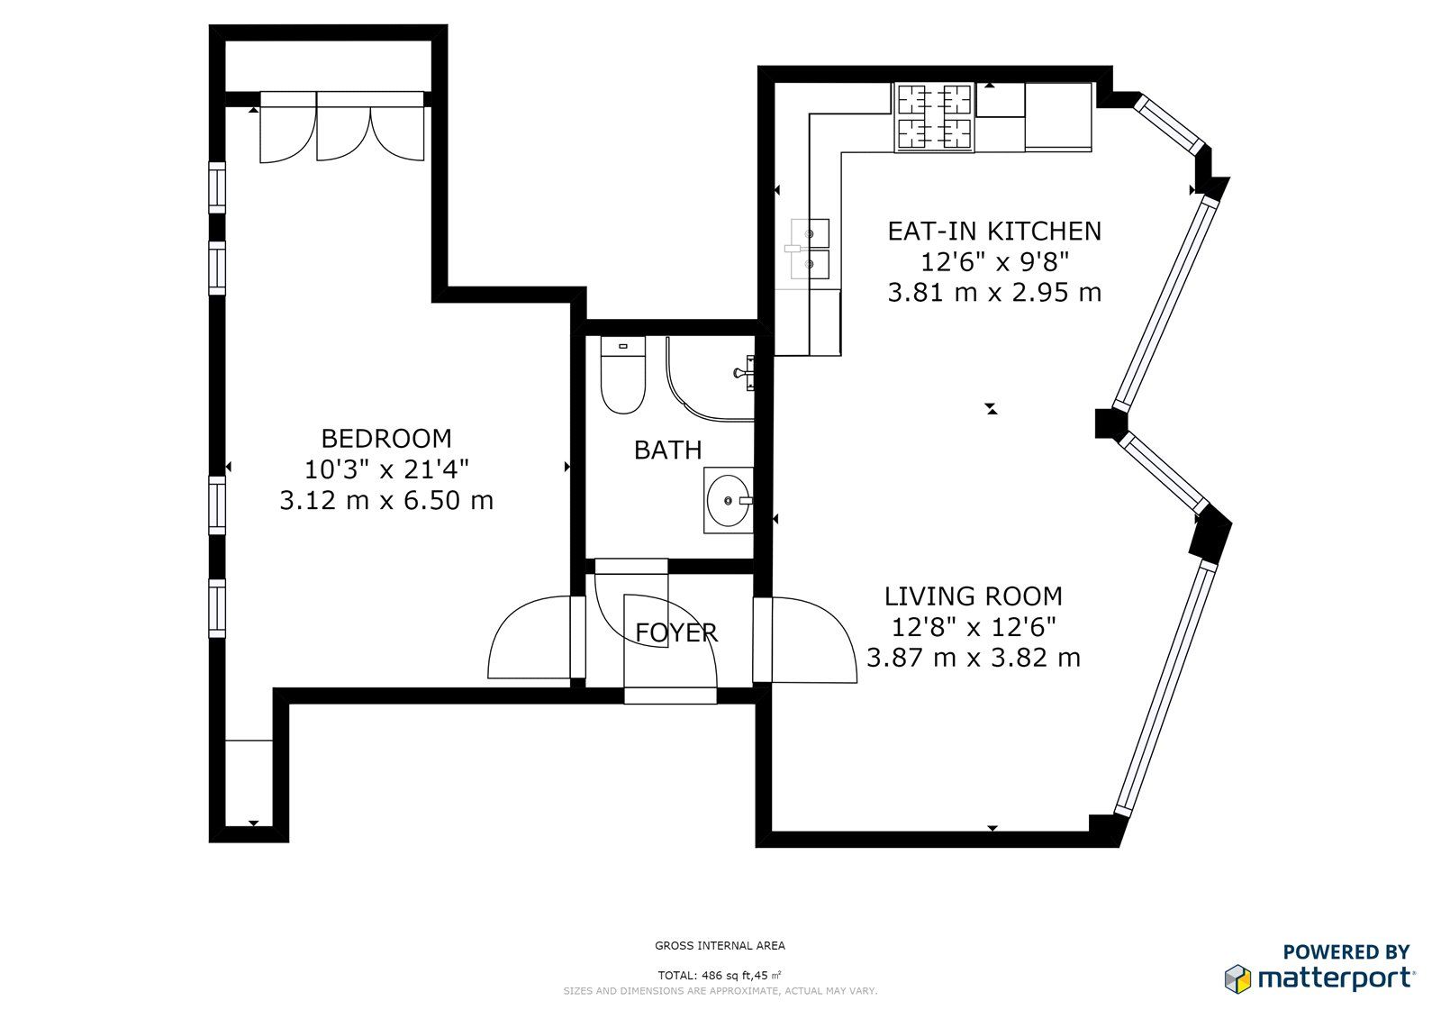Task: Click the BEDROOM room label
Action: pyautogui.click(x=386, y=439)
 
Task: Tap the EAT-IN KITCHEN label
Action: pyautogui.click(x=994, y=231)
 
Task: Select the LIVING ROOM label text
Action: pyautogui.click(x=974, y=596)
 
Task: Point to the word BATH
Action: pyautogui.click(x=667, y=450)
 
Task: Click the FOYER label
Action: pyautogui.click(x=676, y=633)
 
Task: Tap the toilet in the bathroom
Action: pyautogui.click(x=622, y=375)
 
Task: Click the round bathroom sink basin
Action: pyautogui.click(x=729, y=500)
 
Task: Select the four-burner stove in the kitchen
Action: pyautogui.click(x=934, y=117)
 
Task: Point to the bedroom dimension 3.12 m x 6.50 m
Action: pyautogui.click(x=386, y=501)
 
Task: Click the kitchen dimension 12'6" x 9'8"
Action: pyautogui.click(x=994, y=262)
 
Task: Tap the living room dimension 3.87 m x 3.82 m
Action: pyautogui.click(x=974, y=658)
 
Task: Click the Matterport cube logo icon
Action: pyautogui.click(x=1238, y=978)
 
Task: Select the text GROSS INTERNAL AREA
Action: pyautogui.click(x=720, y=946)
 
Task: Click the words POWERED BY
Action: pyautogui.click(x=1346, y=951)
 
